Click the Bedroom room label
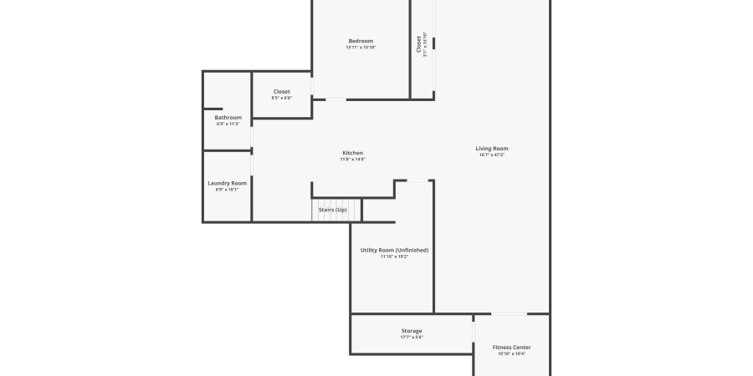[361, 41]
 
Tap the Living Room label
[492, 148]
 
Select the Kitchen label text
[353, 153]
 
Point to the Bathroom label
[228, 118]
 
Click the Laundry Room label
[228, 183]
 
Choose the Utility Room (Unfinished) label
[394, 250]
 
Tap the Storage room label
[412, 331]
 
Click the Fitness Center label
[511, 347]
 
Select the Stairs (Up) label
[332, 209]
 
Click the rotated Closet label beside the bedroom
[419, 44]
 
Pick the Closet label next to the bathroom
[282, 91]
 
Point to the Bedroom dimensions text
[361, 48]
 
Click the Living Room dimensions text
[492, 155]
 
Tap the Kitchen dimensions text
[353, 160]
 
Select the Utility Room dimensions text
[394, 257]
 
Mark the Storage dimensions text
[412, 338]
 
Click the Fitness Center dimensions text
[511, 353]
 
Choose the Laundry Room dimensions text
[228, 190]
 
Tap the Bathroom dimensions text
[228, 124]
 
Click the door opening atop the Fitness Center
[509, 314]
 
